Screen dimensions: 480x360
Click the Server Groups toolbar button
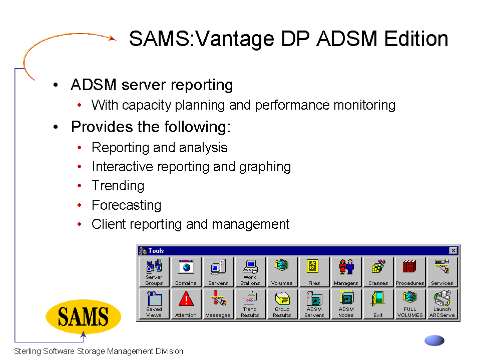click(154, 272)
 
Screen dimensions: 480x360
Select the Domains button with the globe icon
click(186, 272)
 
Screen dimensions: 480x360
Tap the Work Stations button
click(250, 272)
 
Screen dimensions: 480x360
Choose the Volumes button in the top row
click(282, 272)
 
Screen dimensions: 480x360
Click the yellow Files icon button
click(314, 272)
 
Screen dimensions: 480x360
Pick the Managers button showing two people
click(346, 272)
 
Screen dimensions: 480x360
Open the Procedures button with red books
click(410, 272)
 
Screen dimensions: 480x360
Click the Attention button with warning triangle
click(186, 304)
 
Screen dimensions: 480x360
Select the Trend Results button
click(250, 304)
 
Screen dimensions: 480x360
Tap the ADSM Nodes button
click(346, 304)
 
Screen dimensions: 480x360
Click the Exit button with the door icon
click(378, 304)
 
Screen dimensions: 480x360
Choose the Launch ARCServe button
click(442, 304)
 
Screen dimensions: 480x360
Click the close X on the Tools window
click(453, 251)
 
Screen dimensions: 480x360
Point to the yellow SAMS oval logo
click(83, 316)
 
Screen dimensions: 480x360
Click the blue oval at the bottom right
click(434, 340)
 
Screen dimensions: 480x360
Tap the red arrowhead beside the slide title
click(113, 38)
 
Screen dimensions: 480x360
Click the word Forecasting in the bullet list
click(127, 205)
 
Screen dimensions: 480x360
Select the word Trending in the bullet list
click(118, 186)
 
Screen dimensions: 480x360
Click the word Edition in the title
click(416, 39)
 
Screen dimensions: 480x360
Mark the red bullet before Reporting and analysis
click(80, 148)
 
